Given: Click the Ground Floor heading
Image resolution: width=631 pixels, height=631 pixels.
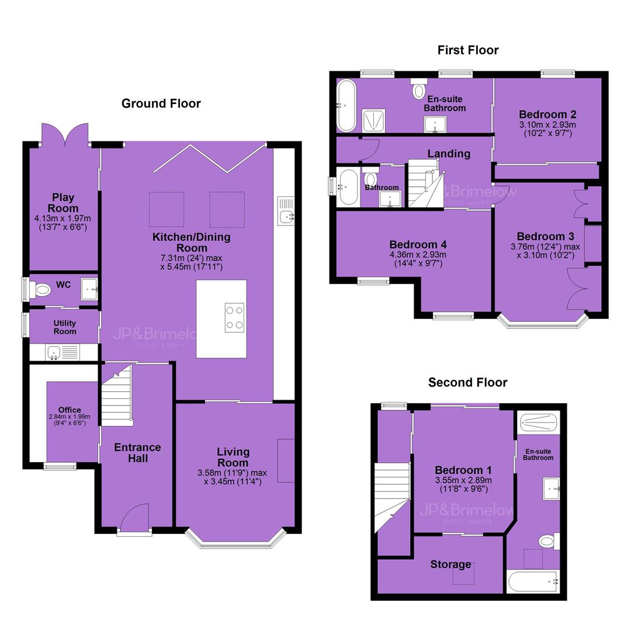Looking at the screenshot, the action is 161,103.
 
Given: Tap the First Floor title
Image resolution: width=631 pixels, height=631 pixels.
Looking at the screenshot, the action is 468,50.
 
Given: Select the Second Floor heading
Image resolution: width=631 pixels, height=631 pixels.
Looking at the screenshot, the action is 467,382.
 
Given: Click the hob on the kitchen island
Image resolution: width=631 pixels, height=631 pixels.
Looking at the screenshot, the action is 235,317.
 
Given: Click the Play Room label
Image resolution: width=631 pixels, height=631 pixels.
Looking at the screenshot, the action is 63,203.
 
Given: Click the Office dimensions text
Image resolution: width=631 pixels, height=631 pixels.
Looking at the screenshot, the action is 70,419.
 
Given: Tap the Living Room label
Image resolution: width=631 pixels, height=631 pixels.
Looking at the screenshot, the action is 233,457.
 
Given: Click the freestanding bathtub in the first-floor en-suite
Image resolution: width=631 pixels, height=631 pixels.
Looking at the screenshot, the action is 346,105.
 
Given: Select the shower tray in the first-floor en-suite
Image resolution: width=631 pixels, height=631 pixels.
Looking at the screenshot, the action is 374,121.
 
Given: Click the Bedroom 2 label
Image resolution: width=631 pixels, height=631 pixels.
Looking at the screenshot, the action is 547,115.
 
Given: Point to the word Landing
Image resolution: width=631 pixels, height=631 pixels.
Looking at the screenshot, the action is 449,153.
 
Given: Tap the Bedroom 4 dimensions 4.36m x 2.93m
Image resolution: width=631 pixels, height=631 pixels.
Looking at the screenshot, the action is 418,254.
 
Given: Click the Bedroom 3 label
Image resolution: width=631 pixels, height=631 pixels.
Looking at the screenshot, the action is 545,236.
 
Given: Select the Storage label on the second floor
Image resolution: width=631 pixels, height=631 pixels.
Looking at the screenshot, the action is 450,564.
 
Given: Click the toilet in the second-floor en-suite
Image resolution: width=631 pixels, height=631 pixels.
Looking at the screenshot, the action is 549,541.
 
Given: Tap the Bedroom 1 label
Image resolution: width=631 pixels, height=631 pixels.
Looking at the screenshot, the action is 463,470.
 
